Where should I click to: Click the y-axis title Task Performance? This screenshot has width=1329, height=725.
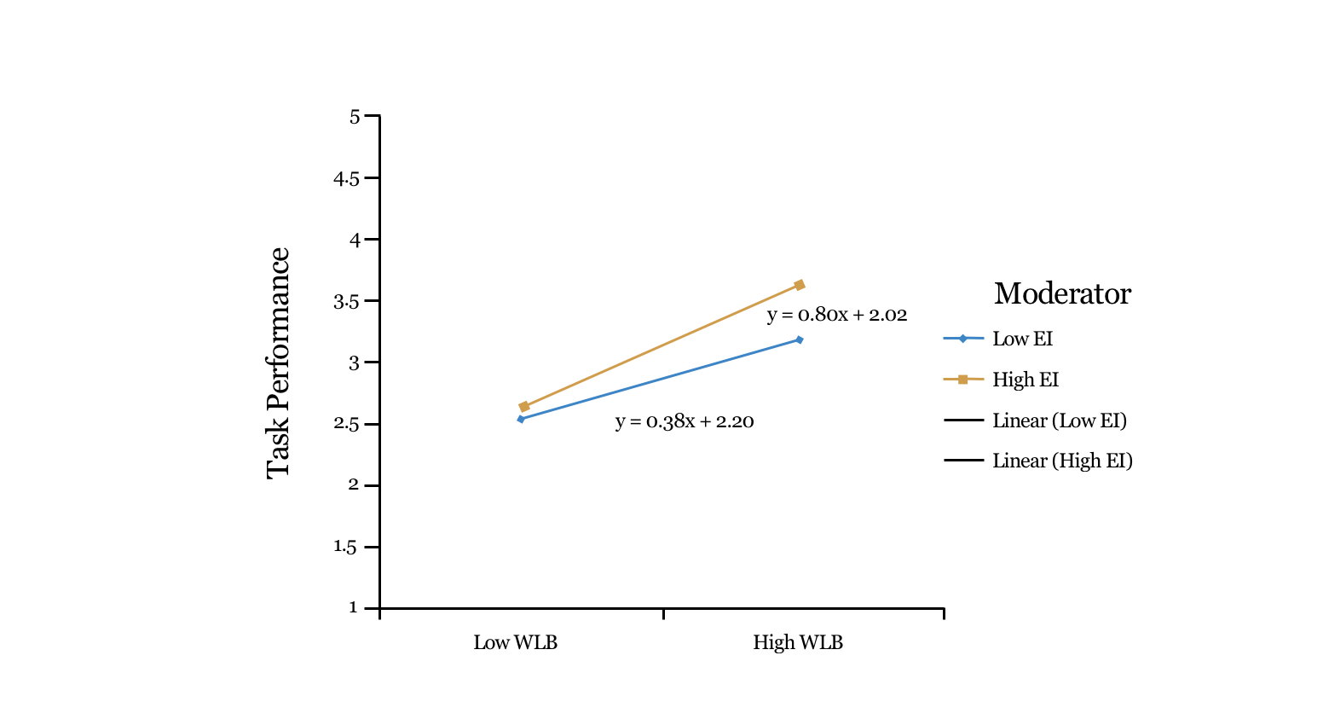click(x=279, y=362)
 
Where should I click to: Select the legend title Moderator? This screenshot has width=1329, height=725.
click(x=1062, y=293)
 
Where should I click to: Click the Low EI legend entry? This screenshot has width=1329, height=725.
click(x=1022, y=339)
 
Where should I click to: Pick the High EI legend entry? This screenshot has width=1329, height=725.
click(x=1026, y=380)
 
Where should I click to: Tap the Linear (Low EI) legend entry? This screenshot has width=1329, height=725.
click(x=1059, y=420)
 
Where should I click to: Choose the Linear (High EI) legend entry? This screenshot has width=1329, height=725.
click(x=1062, y=461)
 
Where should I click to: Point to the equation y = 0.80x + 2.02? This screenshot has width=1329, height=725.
click(x=837, y=315)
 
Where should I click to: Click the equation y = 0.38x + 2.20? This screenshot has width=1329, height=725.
click(x=685, y=421)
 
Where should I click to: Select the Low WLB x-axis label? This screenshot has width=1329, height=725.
click(x=516, y=642)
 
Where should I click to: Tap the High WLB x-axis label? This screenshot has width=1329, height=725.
click(x=798, y=642)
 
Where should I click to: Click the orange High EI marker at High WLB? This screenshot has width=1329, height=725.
click(x=800, y=285)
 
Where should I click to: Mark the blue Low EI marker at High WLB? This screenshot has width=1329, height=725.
click(x=800, y=339)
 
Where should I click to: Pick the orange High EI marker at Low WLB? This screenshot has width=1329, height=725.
click(x=524, y=407)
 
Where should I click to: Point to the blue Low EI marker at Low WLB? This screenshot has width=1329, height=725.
click(x=521, y=419)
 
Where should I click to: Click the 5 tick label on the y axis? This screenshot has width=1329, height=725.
click(x=355, y=117)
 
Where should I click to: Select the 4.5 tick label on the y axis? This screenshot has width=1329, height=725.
click(x=345, y=179)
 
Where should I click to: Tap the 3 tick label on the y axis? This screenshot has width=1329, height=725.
click(x=355, y=363)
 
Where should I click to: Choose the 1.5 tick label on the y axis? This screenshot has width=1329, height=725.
click(x=345, y=547)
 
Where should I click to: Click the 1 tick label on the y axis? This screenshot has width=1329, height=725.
click(x=353, y=607)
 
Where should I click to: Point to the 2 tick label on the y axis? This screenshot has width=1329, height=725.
click(x=355, y=485)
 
